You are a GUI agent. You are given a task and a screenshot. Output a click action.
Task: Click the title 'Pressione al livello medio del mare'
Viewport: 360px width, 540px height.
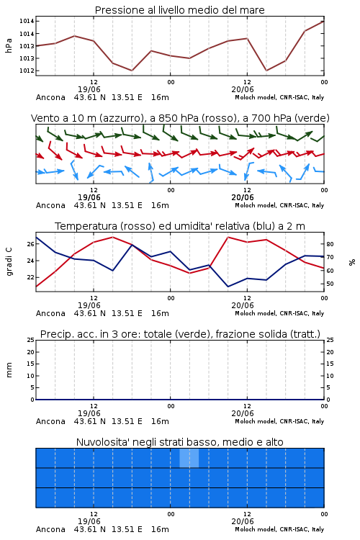coord(179,10)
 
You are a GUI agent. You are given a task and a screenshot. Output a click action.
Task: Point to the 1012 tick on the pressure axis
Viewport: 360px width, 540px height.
coord(27,71)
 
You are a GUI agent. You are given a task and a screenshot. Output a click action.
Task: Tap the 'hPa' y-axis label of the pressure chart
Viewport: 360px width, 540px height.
coord(9,45)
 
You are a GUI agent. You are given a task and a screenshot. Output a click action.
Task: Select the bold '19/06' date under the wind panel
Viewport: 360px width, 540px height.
coord(89,197)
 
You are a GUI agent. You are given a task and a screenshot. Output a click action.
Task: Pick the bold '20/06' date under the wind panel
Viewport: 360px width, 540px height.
coord(243,197)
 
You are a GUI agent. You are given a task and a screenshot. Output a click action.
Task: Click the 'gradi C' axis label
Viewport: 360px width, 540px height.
coord(9,261)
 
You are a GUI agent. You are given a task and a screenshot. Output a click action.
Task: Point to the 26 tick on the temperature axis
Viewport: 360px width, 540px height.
coord(31,244)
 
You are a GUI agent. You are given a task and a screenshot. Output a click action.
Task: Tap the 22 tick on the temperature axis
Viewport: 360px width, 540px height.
coord(31,277)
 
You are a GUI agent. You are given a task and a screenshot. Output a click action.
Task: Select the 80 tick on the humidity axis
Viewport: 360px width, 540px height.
coord(330,244)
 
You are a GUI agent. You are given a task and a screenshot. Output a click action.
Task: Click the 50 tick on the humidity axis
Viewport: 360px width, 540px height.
coord(330,284)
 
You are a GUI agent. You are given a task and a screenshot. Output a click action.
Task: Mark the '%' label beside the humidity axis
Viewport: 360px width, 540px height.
coord(352,262)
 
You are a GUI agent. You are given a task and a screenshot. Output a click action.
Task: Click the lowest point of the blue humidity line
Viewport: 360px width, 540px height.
coord(228,287)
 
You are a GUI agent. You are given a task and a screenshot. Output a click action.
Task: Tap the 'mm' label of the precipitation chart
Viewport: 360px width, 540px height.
coord(9,369)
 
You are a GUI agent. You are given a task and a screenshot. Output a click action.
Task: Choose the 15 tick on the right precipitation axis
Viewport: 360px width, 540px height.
coord(330,364)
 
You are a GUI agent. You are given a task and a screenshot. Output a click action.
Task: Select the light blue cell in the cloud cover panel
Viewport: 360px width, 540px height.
coord(189,458)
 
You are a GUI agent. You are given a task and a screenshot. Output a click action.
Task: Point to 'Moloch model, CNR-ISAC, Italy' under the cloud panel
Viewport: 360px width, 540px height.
coord(279,529)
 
